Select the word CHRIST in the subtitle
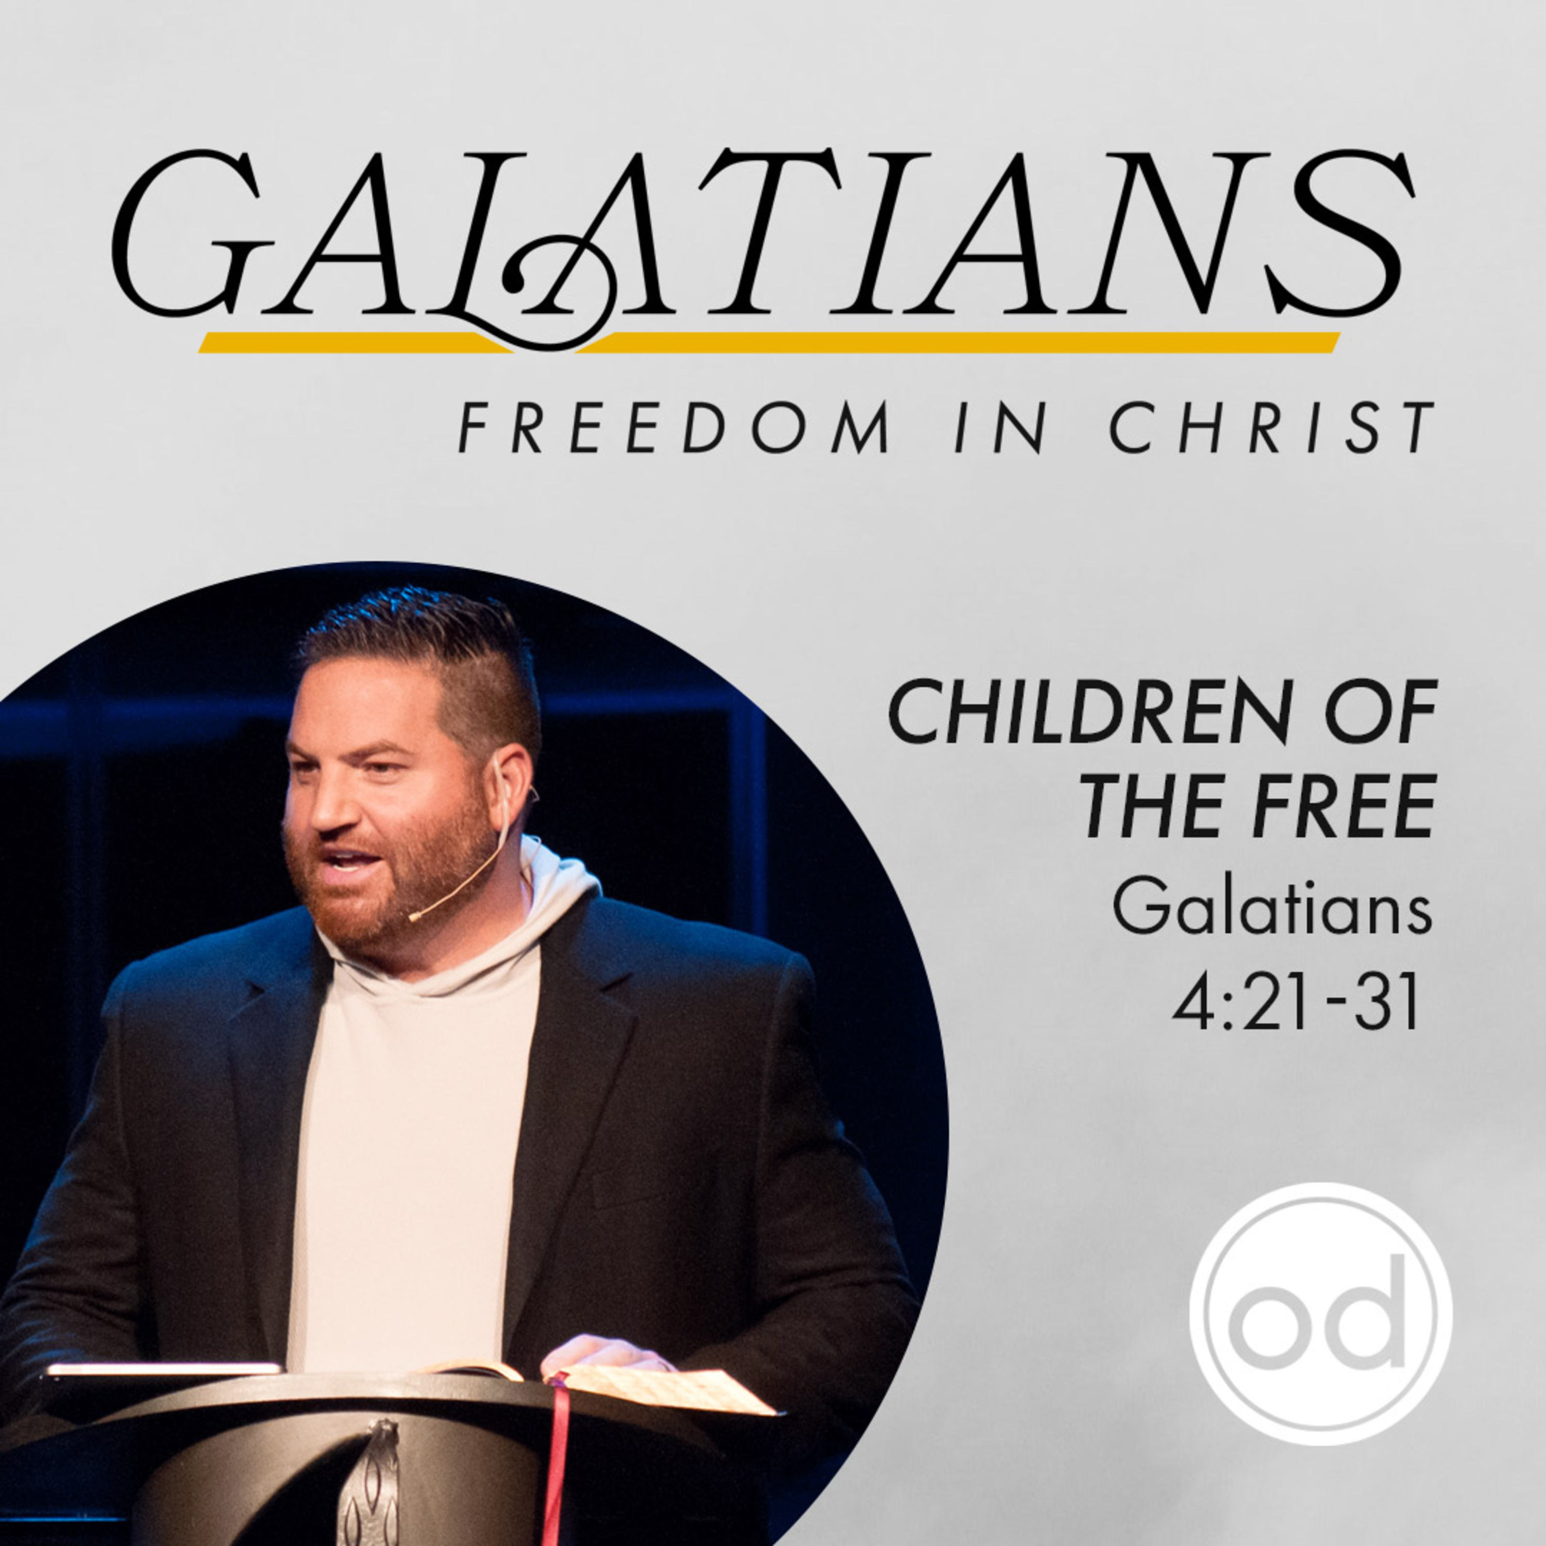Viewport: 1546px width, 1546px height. tap(1271, 427)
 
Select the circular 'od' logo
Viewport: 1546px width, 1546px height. tap(1320, 1314)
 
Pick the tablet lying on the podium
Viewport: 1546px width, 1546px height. tap(160, 1370)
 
